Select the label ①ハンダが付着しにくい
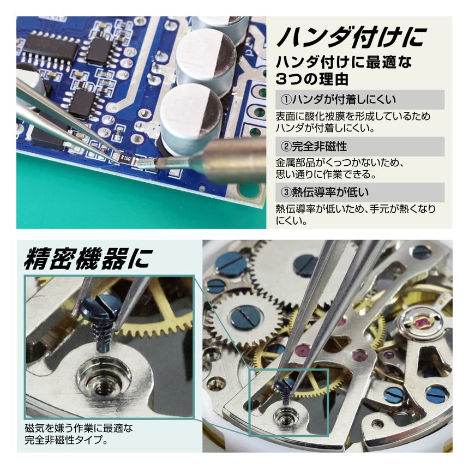(338, 100)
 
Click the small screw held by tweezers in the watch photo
(285, 388)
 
